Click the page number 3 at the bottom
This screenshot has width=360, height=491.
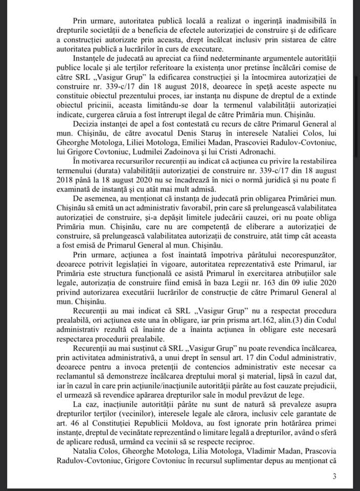tap(334, 477)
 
